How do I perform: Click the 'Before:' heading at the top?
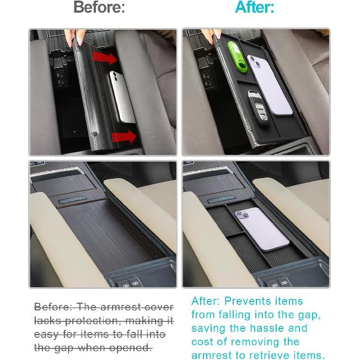click(99, 8)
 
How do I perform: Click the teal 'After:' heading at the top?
click(254, 8)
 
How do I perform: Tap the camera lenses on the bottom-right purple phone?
click(241, 216)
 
